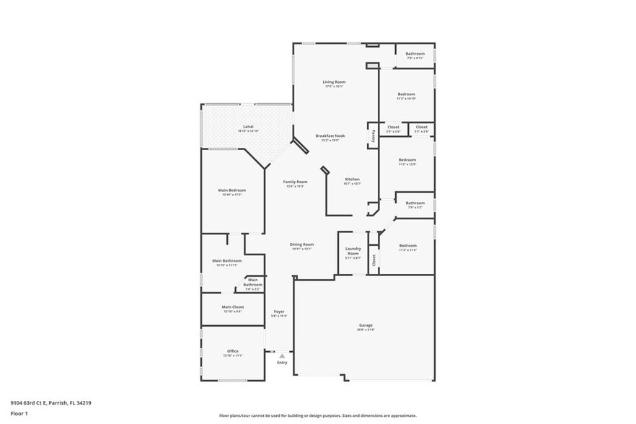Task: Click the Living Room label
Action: point(334,82)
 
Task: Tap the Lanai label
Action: point(247,126)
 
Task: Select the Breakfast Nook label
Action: point(330,136)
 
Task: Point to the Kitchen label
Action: point(352,179)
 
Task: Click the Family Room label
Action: point(295,182)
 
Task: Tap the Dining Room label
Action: point(302,244)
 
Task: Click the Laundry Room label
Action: point(353,252)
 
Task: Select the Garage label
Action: point(366,325)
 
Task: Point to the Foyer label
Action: point(278,312)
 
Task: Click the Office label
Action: point(233,351)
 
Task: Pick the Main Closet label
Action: point(232,306)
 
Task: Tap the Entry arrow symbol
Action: point(282,355)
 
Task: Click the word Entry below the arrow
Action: point(282,362)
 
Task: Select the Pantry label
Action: point(373,135)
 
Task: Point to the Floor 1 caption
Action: point(19,413)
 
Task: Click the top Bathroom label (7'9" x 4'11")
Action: point(415,54)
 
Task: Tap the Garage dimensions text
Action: point(366,330)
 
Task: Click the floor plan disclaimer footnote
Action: point(317,415)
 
